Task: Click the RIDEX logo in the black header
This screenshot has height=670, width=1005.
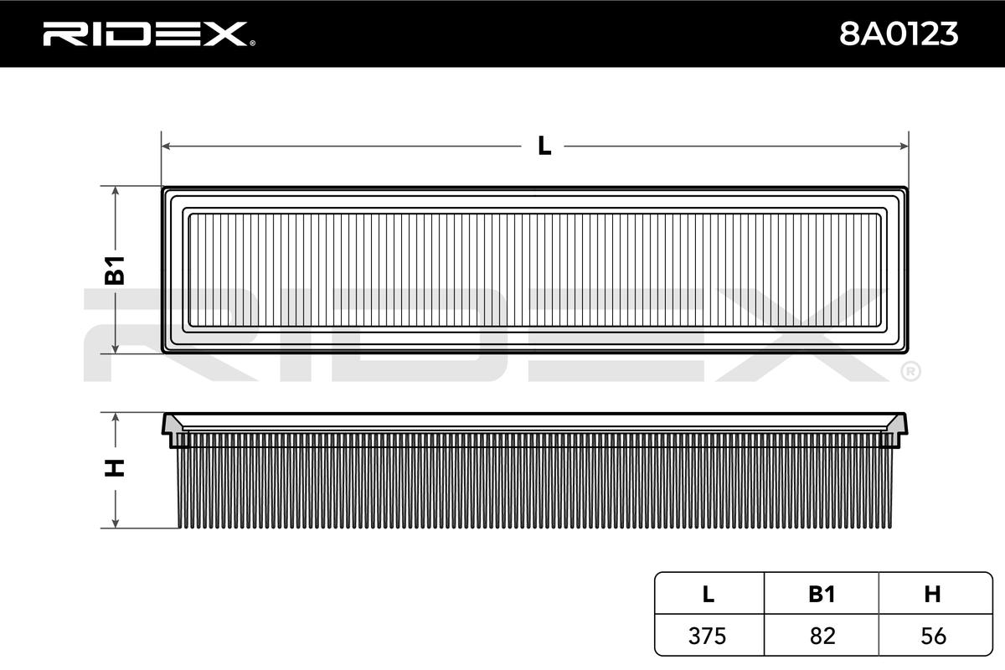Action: click(149, 34)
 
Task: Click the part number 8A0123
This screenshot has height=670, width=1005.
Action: click(899, 34)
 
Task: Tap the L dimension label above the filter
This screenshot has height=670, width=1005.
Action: click(544, 146)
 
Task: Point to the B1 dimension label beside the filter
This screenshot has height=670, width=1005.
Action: click(115, 271)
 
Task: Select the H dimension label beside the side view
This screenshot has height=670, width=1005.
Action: click(115, 468)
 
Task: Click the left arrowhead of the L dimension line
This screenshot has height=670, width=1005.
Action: click(166, 146)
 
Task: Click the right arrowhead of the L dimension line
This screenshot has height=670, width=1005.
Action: click(904, 146)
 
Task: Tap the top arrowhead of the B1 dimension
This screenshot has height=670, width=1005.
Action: click(116, 191)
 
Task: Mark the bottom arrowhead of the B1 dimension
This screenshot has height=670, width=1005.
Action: click(116, 348)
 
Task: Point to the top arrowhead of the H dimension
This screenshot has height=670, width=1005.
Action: click(116, 418)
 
